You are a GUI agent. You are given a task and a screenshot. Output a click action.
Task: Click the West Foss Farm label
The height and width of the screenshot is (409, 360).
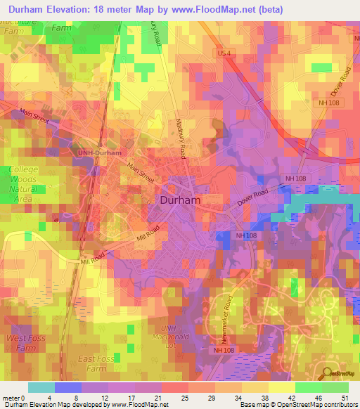click(x=22, y=343)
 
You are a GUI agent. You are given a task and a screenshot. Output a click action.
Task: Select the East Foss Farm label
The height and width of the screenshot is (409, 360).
click(x=96, y=363)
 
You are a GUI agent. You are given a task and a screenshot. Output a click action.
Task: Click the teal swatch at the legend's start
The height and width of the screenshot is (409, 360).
click(x=41, y=387)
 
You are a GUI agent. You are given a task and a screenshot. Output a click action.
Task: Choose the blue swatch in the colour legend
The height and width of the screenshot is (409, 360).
click(x=67, y=387)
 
